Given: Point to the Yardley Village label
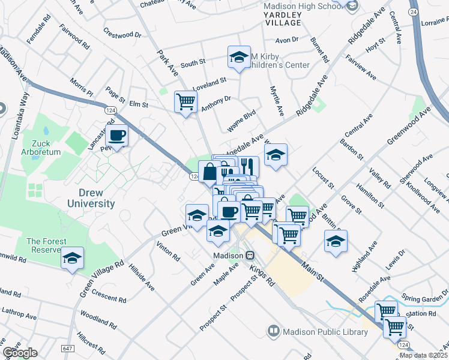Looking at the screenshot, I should click(x=283, y=22).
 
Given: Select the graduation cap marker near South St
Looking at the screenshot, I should click(x=239, y=58).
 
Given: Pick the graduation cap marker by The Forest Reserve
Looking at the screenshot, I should click(x=73, y=259).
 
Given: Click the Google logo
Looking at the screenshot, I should click(x=20, y=353).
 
